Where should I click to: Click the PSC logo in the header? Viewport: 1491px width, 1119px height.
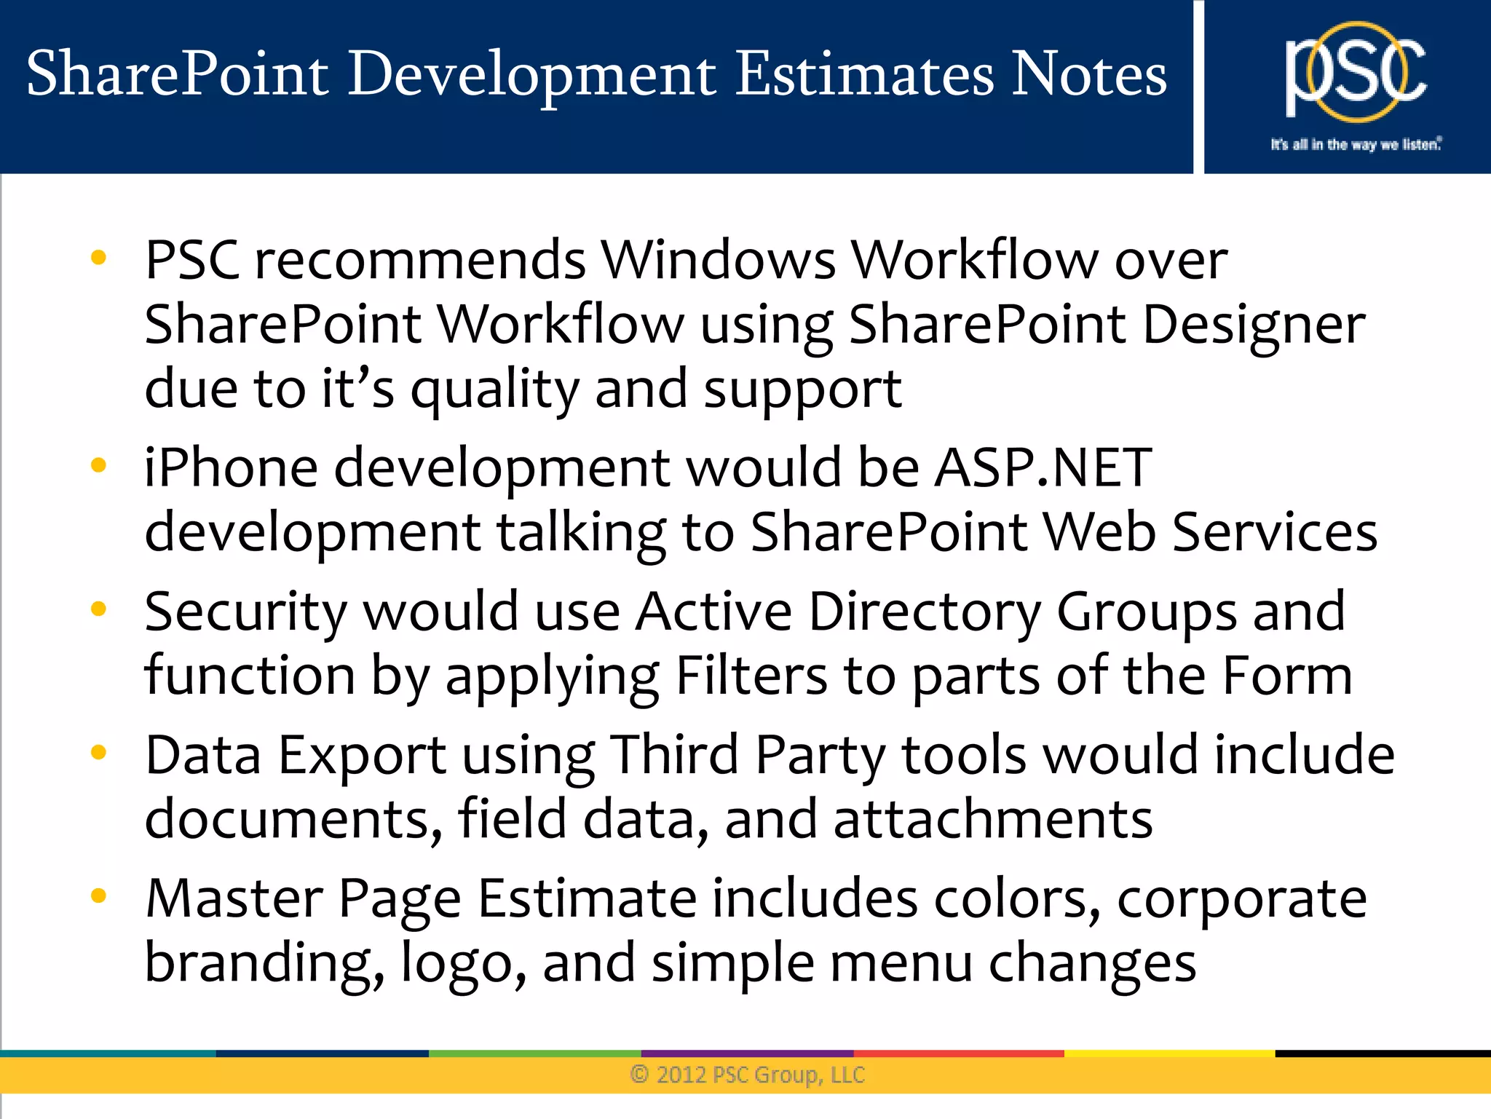point(1355,73)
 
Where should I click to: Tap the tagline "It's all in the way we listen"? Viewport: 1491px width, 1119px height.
point(1356,144)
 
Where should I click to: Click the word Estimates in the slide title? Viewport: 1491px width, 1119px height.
point(863,74)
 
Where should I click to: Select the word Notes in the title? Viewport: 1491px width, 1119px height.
point(1089,74)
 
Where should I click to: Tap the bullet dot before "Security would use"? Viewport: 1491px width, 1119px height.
point(98,608)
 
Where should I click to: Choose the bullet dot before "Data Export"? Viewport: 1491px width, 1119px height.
point(98,752)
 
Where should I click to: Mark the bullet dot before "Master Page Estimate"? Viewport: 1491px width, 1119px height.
point(98,895)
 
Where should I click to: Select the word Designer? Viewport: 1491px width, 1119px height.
point(1253,325)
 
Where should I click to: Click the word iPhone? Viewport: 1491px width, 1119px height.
point(231,467)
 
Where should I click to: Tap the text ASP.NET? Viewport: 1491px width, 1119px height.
point(1043,467)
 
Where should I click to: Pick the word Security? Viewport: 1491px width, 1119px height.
point(245,613)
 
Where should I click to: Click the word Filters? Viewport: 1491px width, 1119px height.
point(751,676)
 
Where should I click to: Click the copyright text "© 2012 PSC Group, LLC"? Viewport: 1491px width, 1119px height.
point(747,1075)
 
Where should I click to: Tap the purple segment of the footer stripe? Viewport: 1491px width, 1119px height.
point(747,1053)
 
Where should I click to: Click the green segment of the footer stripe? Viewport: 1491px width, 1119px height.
point(534,1053)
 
